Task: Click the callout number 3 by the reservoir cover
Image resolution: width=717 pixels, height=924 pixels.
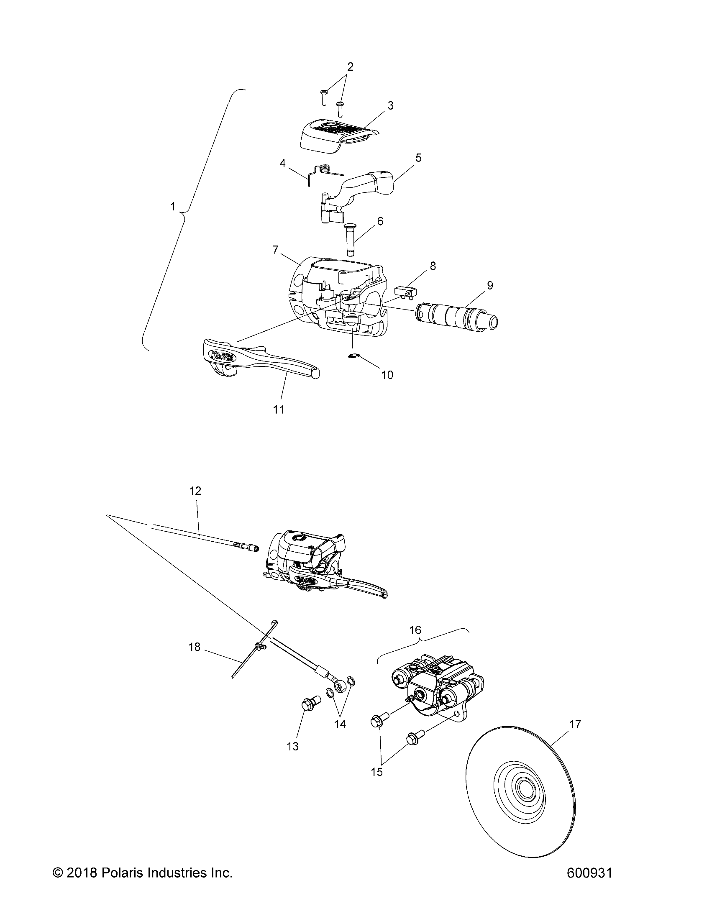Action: click(x=390, y=106)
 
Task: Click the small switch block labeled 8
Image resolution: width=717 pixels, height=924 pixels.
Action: click(x=406, y=292)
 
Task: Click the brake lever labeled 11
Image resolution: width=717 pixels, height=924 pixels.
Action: click(x=254, y=360)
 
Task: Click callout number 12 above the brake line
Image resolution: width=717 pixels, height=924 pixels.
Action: click(x=195, y=491)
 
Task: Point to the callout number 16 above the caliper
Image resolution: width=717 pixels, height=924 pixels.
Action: click(x=415, y=642)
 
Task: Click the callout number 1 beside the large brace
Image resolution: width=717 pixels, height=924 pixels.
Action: click(x=173, y=207)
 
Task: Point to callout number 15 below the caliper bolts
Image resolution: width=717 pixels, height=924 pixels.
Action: click(x=376, y=772)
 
